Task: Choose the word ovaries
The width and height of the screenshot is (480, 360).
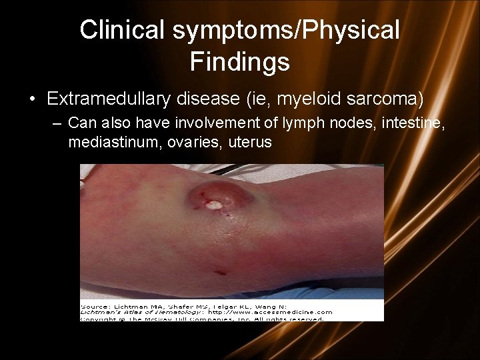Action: point(187,142)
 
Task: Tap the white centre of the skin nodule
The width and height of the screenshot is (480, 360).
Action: point(214,205)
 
